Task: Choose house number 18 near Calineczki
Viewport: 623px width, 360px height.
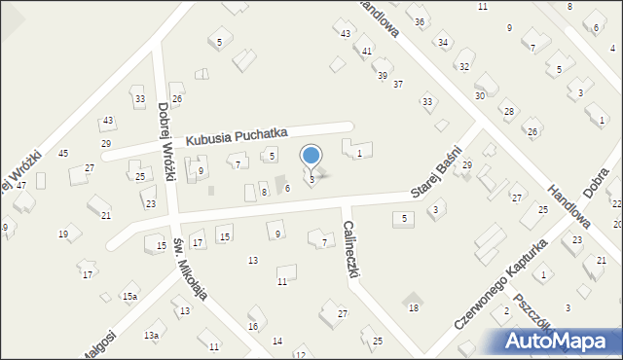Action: [x=414, y=307]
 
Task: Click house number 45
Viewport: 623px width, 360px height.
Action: [x=63, y=154]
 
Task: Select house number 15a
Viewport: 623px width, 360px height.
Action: [x=129, y=296]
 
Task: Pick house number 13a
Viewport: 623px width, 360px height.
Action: [x=151, y=335]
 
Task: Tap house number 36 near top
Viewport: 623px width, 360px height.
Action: [x=420, y=21]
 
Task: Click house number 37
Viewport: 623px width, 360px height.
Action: [x=397, y=85]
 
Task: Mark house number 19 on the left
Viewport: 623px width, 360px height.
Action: [x=63, y=234]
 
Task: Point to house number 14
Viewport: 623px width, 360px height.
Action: [x=277, y=341]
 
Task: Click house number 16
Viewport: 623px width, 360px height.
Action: [x=253, y=326]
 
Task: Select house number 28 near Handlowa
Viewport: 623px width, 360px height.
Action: [x=508, y=112]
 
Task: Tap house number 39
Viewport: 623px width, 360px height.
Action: [x=383, y=75]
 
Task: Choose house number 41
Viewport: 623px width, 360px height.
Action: [x=367, y=51]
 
